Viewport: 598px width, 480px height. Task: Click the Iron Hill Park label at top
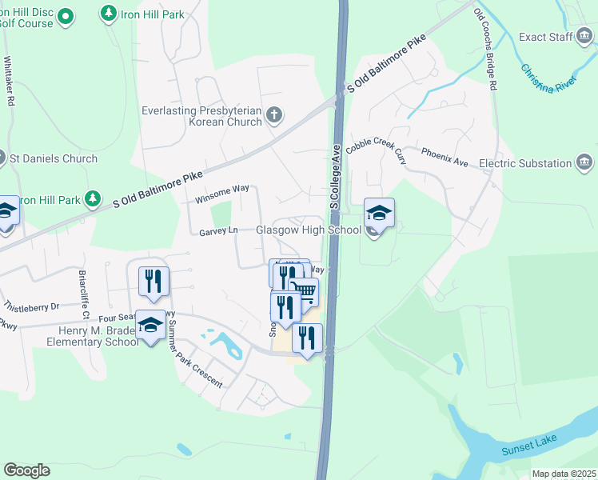tap(152, 14)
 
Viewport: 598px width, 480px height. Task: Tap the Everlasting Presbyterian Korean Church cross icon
tap(274, 114)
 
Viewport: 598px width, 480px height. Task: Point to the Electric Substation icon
tap(584, 163)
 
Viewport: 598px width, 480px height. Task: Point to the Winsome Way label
tap(222, 189)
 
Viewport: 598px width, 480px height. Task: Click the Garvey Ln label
tap(218, 230)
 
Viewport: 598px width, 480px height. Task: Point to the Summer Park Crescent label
tap(196, 358)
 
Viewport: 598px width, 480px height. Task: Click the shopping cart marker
tap(305, 291)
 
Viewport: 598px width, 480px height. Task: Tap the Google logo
tap(26, 470)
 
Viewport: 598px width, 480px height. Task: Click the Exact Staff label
tap(546, 37)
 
